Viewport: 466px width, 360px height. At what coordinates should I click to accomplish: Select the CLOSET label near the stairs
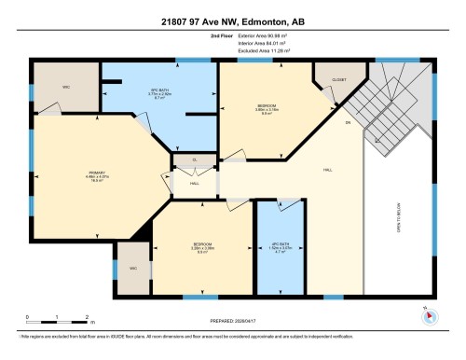[338, 80]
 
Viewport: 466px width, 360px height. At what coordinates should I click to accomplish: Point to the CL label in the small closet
[195, 159]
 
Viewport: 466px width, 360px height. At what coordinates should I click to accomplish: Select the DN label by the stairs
[347, 122]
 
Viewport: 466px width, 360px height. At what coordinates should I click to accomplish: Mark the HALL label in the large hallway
[328, 169]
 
